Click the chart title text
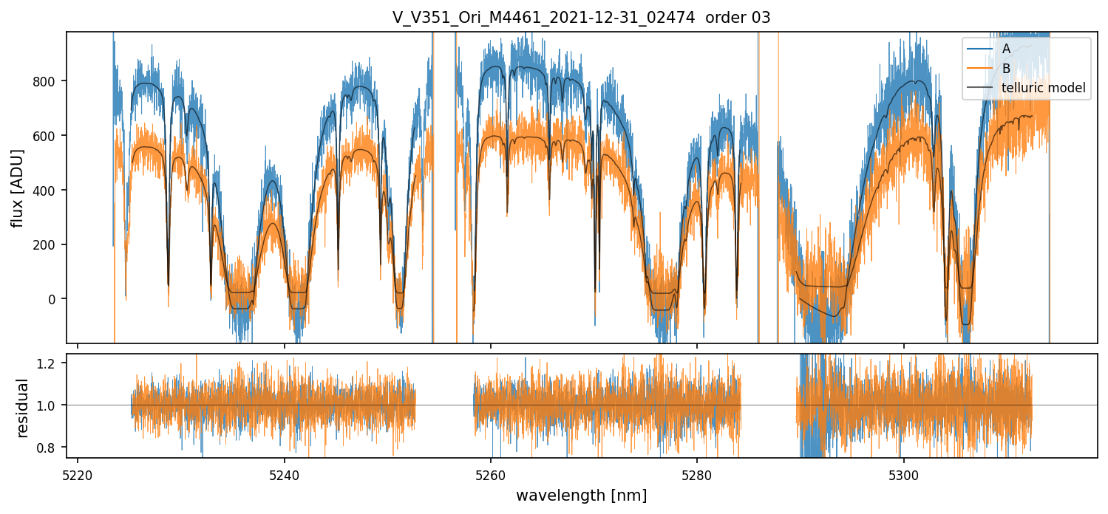[581, 18]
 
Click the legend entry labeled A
[1006, 49]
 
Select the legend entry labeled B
[1006, 69]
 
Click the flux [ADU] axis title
[17, 188]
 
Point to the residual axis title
[23, 407]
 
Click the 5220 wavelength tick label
[78, 475]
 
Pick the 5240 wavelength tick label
[285, 475]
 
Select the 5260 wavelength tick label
[491, 475]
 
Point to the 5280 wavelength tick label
[698, 475]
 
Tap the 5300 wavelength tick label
[904, 475]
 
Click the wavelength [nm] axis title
[581, 496]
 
